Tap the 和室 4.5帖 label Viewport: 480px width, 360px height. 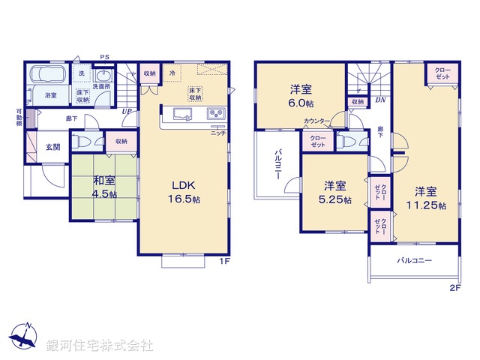coord(104,187)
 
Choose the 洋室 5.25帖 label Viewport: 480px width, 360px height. coord(334,191)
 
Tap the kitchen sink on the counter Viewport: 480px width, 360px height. coord(184,114)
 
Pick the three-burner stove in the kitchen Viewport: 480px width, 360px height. coord(215,114)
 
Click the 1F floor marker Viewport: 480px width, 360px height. coord(223,261)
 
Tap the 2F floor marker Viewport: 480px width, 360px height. coord(454,286)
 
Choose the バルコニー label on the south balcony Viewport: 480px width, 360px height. coord(412,262)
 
